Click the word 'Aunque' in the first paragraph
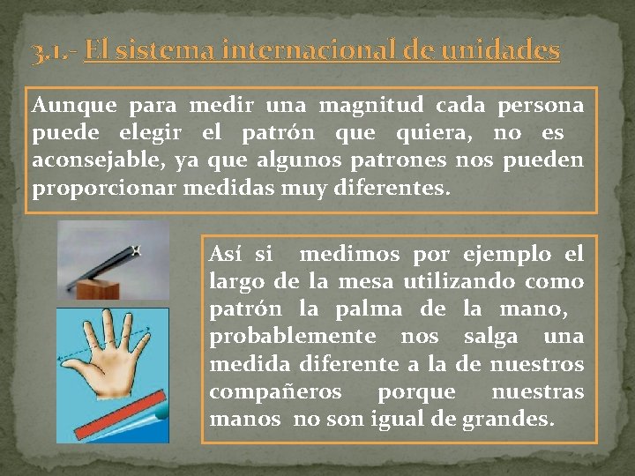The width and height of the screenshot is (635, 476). tap(74, 106)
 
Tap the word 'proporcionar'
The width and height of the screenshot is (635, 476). tap(103, 189)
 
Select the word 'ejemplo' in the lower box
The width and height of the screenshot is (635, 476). tap(506, 255)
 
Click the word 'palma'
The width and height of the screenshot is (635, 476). tap(371, 309)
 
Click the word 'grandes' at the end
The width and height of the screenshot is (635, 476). tap(507, 419)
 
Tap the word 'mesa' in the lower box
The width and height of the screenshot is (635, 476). tap(364, 282)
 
